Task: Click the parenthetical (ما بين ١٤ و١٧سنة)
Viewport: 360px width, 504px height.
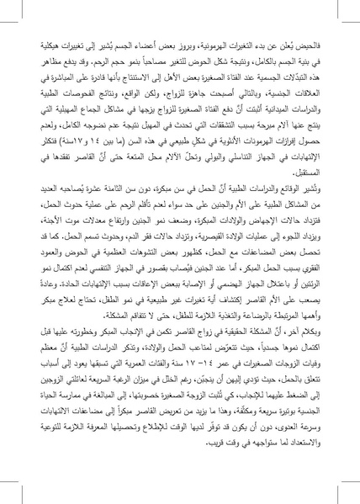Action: coord(93,164)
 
